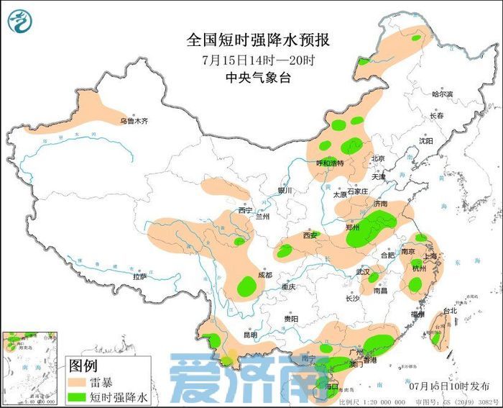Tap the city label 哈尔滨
coord(442,94)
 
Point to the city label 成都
coord(265,274)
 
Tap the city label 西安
coord(310,235)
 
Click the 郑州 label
coord(353,227)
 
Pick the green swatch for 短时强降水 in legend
coord(79,396)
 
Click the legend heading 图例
coord(83,366)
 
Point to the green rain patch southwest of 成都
coord(247,286)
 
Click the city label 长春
coord(437,116)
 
